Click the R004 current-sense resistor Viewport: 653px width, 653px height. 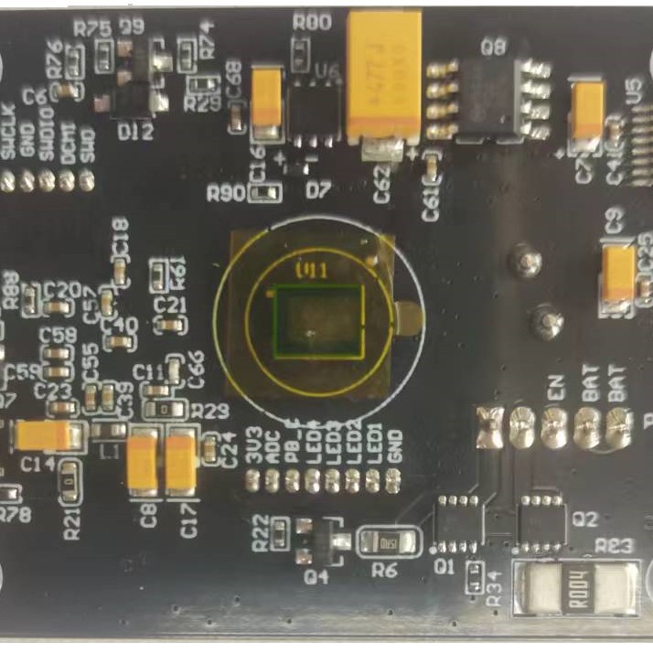(576, 590)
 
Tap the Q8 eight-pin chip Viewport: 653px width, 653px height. (490, 94)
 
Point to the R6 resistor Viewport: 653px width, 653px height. (388, 542)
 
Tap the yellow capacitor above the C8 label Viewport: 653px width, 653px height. (143, 460)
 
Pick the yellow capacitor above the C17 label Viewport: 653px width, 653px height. (181, 460)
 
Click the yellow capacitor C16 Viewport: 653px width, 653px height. (268, 97)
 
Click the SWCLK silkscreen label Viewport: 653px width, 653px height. (8, 137)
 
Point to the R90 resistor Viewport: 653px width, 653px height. (267, 193)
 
